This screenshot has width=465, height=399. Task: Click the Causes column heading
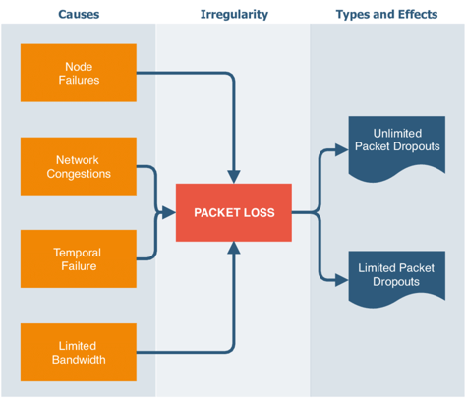[78, 15]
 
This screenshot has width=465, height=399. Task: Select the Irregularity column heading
[232, 15]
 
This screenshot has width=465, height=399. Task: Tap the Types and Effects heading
[386, 15]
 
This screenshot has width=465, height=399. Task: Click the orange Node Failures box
[78, 74]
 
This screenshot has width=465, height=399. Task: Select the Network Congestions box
[78, 167]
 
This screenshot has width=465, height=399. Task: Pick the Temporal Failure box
[78, 259]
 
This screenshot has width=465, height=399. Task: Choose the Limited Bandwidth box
[78, 352]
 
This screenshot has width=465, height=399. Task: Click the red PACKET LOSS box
[233, 212]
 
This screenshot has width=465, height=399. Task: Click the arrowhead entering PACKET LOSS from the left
[169, 212]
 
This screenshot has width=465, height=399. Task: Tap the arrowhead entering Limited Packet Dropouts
[342, 278]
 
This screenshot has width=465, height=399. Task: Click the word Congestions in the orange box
[78, 174]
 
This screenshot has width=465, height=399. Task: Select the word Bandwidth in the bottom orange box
[78, 359]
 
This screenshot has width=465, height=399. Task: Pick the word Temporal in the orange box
[78, 253]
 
